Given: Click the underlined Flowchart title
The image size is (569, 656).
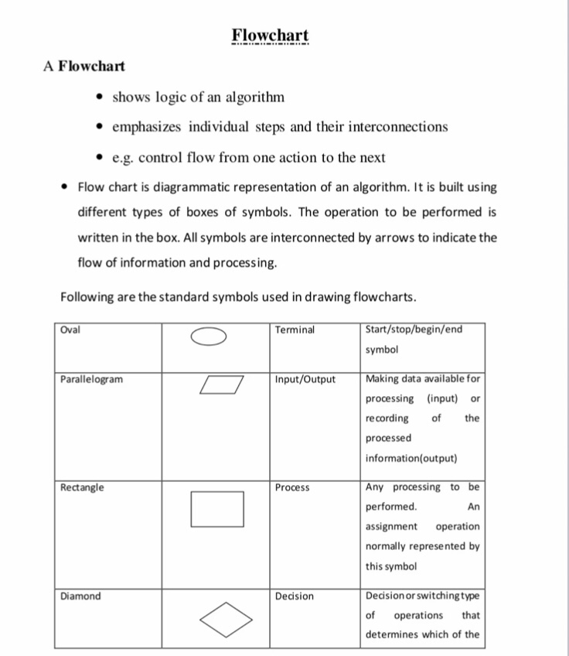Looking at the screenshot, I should click(x=271, y=36).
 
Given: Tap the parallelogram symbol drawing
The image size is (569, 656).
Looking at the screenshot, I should click(x=220, y=384).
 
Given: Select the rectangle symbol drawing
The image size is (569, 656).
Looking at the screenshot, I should click(x=217, y=509).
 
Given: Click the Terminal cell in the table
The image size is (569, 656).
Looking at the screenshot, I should click(x=295, y=330).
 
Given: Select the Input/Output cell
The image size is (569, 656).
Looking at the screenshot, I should click(x=305, y=379).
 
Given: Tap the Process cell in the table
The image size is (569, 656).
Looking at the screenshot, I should click(x=292, y=487).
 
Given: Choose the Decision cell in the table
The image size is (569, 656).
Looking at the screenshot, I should click(x=295, y=596).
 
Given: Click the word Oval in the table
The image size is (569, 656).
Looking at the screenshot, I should click(x=70, y=330).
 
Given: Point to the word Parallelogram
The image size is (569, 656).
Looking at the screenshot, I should click(x=91, y=379).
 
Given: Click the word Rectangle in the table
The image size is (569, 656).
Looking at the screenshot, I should click(x=82, y=487).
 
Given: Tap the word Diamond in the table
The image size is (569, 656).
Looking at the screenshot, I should click(x=80, y=596).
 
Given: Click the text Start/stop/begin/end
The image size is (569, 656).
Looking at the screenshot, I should click(x=414, y=330).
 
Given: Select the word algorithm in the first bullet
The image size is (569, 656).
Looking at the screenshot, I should click(x=250, y=97).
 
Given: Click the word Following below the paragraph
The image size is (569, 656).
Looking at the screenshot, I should click(x=86, y=298).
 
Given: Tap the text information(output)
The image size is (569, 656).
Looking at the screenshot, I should click(x=411, y=458).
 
